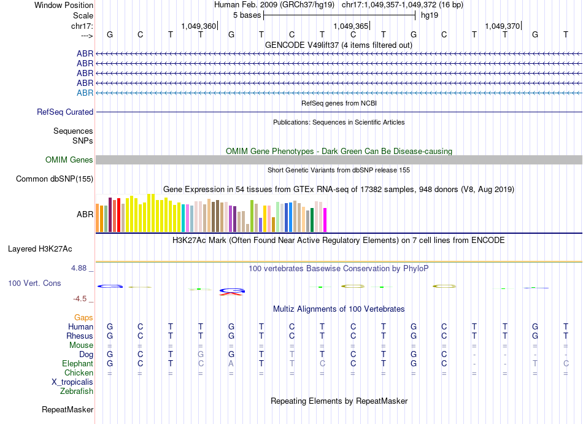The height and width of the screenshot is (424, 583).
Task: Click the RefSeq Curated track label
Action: pyautogui.click(x=65, y=112)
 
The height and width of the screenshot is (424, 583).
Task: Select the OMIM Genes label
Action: pyautogui.click(x=69, y=160)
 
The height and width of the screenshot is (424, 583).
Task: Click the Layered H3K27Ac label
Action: pyautogui.click(x=40, y=249)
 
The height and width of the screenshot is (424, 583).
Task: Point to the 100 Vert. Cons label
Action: pyautogui.click(x=34, y=283)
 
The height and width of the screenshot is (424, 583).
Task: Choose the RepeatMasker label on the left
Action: pyautogui.click(x=68, y=409)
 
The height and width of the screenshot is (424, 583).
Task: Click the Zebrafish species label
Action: pyautogui.click(x=77, y=391)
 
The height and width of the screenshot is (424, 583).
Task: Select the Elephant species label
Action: pyautogui.click(x=76, y=363)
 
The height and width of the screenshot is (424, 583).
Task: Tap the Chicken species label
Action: pyautogui.click(x=79, y=372)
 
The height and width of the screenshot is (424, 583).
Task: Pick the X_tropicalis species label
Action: pyautogui.click(x=72, y=382)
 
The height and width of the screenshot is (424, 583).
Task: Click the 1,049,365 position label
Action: pyautogui.click(x=351, y=26)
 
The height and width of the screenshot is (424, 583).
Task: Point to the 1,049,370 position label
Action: pyautogui.click(x=503, y=26)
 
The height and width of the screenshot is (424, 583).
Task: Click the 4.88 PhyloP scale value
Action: pyautogui.click(x=80, y=268)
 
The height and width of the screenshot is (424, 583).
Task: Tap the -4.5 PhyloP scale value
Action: pyautogui.click(x=80, y=299)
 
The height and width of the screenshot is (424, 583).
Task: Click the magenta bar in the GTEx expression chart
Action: pyautogui.click(x=325, y=220)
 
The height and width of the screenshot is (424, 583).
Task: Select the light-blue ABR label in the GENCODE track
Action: pyautogui.click(x=85, y=93)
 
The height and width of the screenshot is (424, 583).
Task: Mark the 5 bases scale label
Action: pyautogui.click(x=247, y=15)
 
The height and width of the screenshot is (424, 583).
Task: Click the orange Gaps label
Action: pyautogui.click(x=83, y=317)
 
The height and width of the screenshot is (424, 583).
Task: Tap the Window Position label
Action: pyautogui.click(x=64, y=5)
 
